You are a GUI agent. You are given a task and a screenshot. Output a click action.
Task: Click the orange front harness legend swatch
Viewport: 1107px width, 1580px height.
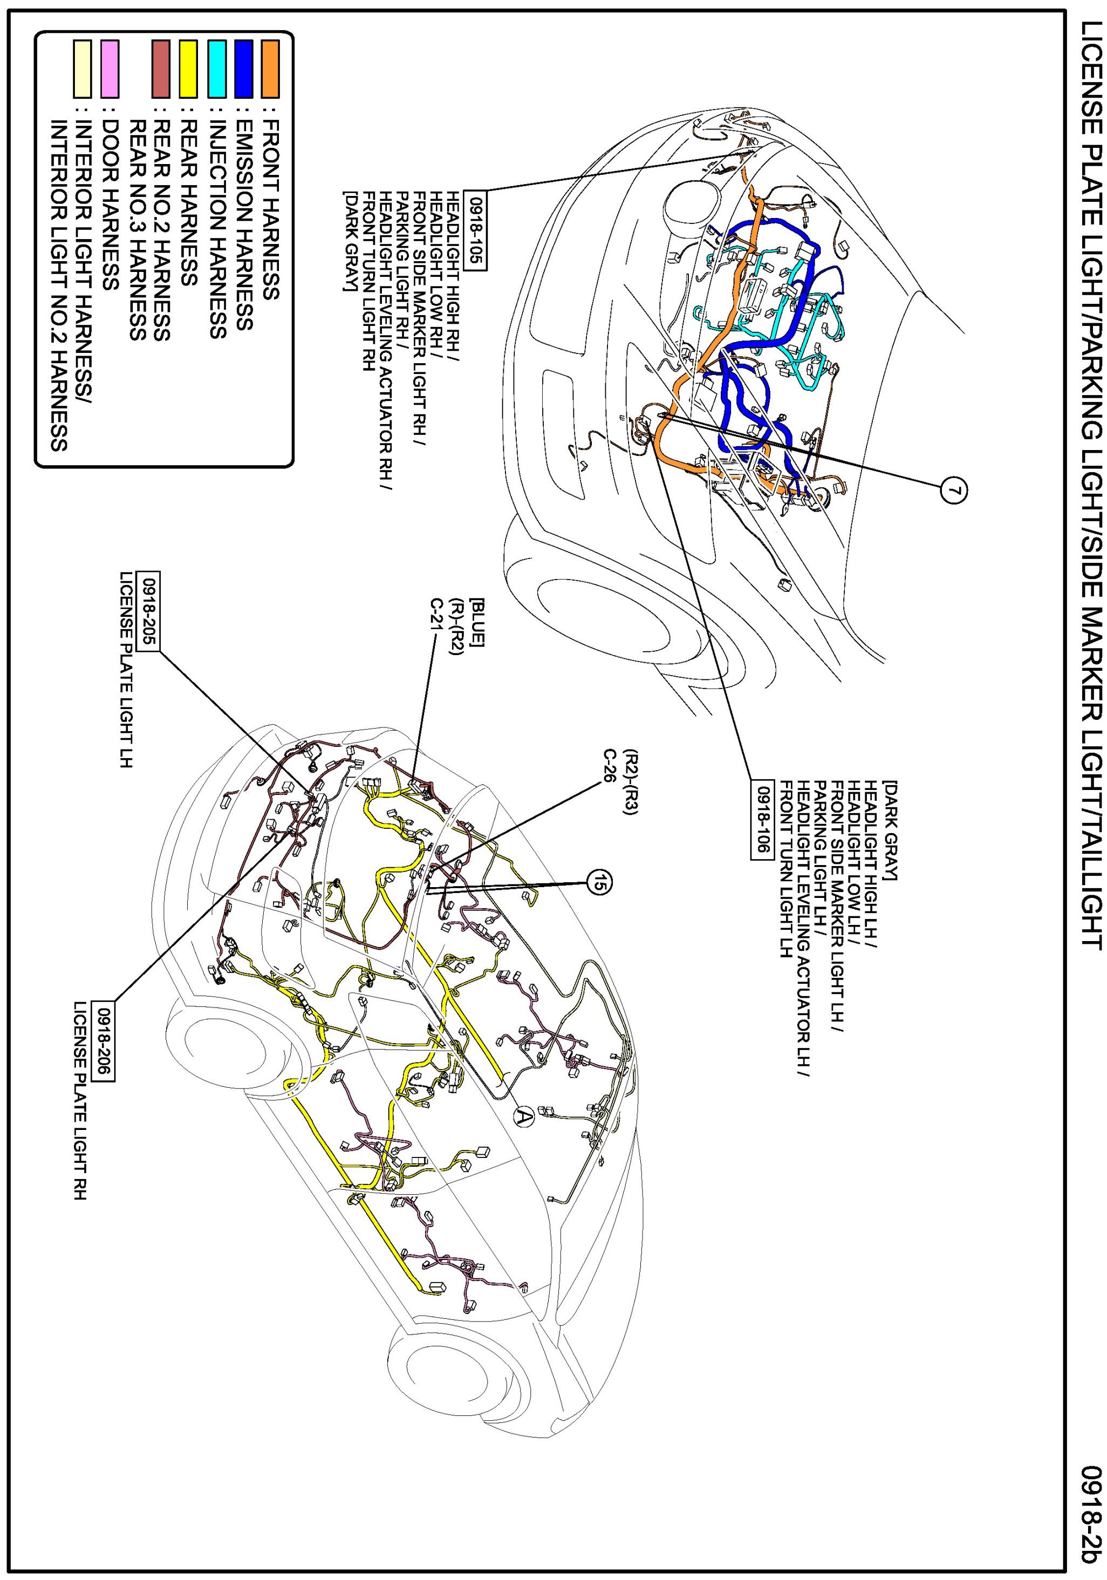(x=270, y=69)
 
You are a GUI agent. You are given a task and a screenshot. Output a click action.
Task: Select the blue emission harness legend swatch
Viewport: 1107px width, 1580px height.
(x=243, y=69)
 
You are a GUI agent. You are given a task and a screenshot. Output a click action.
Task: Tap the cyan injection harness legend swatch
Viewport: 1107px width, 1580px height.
(x=217, y=69)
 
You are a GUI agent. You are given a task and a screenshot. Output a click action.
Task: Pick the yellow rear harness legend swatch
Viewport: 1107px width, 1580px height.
(x=188, y=69)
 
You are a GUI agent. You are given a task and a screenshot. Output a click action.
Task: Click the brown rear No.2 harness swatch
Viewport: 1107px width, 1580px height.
(x=161, y=69)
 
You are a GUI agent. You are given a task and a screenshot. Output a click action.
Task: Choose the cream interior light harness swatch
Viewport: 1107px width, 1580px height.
(x=83, y=69)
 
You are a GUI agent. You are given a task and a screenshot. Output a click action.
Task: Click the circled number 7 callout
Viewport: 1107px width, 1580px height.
(x=952, y=490)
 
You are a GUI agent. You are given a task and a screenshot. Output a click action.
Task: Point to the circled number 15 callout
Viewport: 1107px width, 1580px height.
(x=599, y=883)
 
